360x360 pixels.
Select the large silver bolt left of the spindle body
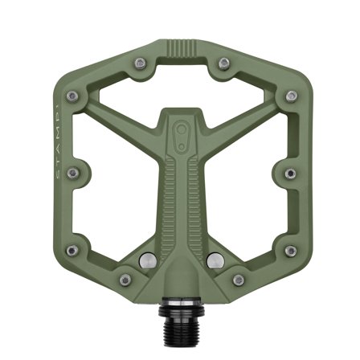[148, 260]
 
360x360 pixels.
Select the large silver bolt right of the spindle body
[214, 260]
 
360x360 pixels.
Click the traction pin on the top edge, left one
[140, 62]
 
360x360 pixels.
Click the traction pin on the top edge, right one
[223, 62]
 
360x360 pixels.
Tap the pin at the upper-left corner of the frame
[73, 96]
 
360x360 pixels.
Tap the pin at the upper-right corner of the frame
[289, 96]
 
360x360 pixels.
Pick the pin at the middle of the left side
[73, 173]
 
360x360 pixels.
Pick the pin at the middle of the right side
[289, 173]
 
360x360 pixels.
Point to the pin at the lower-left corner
[73, 251]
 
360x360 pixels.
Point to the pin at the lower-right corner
[289, 251]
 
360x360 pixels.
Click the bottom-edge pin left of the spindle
[125, 280]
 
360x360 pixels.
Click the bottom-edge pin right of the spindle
[239, 280]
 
